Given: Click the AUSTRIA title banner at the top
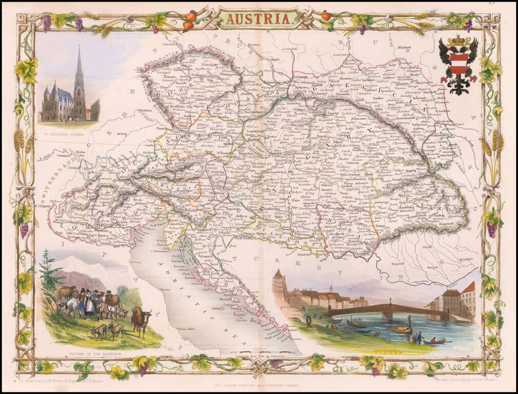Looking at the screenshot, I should pos(258,18).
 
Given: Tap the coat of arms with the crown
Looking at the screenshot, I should pos(458,65).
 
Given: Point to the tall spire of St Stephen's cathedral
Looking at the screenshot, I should pos(78,72).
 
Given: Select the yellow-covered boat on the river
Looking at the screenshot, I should pos(402,329).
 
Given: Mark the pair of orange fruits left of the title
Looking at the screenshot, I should pos(189,21).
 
